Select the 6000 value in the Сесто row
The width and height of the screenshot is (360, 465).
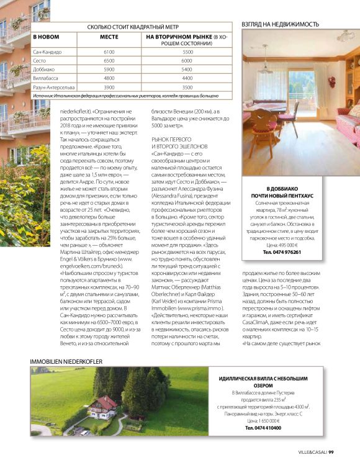187,61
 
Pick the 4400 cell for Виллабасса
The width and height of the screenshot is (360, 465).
187,78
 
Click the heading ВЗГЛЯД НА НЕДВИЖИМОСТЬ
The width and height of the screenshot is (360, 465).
281,24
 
